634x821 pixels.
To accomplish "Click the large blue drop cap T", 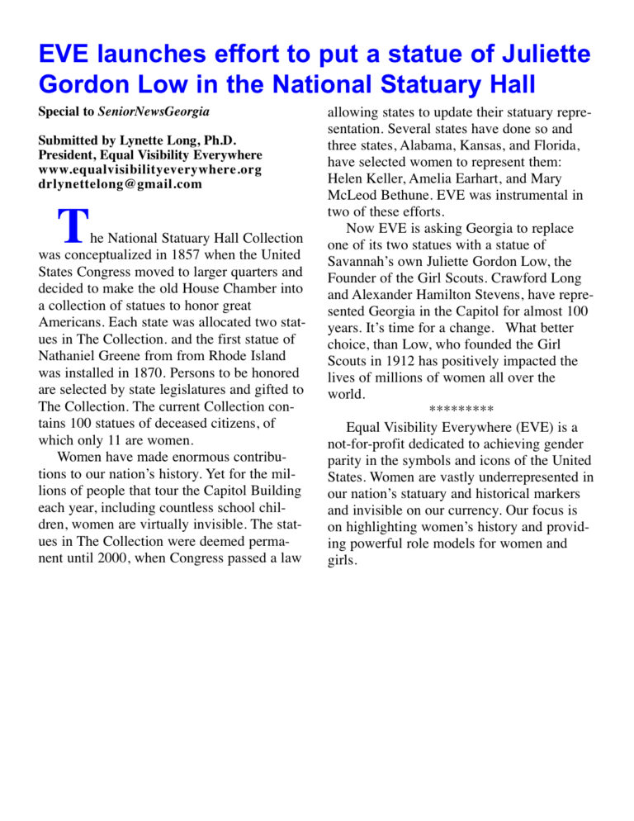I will click(x=73, y=225).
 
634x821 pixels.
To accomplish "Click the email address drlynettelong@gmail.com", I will click(x=120, y=184).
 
